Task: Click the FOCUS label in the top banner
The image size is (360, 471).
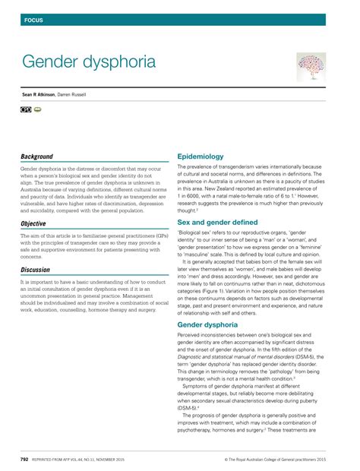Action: pos(33,19)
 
